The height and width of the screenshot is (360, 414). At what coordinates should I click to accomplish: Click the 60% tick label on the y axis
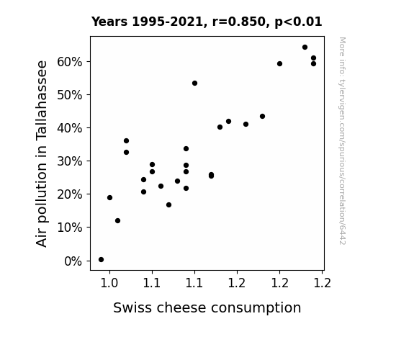[x=69, y=62]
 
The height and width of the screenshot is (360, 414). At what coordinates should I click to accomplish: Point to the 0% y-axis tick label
[x=73, y=261]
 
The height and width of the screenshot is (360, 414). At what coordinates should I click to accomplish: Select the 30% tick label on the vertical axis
[x=69, y=161]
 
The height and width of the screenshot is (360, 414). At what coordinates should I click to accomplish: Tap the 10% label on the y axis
[x=69, y=228]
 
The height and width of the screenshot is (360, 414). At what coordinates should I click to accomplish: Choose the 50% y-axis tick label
[x=69, y=95]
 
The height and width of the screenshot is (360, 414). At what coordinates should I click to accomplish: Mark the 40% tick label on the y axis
[x=69, y=128]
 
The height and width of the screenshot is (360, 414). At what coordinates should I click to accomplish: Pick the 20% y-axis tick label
[x=69, y=194]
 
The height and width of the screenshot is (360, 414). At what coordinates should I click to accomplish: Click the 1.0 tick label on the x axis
[x=109, y=283]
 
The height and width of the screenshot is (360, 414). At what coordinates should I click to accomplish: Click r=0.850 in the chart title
[x=238, y=22]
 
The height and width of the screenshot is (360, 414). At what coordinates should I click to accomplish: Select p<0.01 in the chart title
[x=298, y=22]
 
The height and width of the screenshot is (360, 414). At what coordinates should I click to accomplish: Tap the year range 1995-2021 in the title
[x=167, y=22]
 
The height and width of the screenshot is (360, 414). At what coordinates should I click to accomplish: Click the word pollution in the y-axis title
[x=41, y=193]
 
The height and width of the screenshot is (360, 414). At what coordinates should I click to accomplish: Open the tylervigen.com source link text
[x=342, y=141]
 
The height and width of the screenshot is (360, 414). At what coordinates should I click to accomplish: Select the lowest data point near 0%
[x=101, y=260]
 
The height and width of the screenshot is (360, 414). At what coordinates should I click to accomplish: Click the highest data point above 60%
[x=305, y=48]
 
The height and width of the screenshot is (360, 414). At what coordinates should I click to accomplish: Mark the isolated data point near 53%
[x=195, y=84]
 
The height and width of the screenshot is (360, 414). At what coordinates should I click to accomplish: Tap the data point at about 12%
[x=118, y=220]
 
